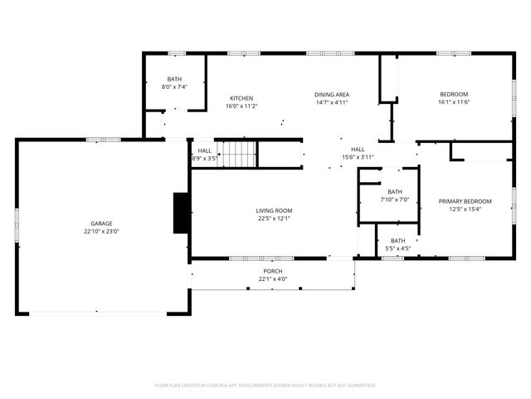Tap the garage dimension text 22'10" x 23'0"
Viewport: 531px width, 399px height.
[101, 232]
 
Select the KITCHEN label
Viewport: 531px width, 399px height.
[241, 98]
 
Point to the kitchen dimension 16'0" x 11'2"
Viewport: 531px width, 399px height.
[241, 106]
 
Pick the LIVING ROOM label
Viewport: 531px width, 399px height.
[274, 210]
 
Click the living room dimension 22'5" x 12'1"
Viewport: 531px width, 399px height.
[274, 219]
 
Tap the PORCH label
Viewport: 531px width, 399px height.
[273, 271]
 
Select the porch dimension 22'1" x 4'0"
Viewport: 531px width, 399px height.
[273, 279]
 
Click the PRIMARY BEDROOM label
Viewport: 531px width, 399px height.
[465, 201]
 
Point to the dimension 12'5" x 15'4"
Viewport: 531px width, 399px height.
[465, 209]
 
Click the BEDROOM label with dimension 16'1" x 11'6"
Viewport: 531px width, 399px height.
[454, 94]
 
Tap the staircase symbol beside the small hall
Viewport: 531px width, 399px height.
[238, 154]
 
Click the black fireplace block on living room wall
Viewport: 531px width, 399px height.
[181, 213]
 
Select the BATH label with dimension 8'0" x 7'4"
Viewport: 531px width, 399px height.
[174, 77]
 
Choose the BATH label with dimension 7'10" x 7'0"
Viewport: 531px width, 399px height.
[394, 191]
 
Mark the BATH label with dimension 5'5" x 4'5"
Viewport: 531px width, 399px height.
[398, 240]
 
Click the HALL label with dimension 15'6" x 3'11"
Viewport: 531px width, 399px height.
[358, 149]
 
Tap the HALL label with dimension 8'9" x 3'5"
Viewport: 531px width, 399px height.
[204, 150]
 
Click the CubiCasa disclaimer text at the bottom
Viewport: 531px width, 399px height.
[265, 385]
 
